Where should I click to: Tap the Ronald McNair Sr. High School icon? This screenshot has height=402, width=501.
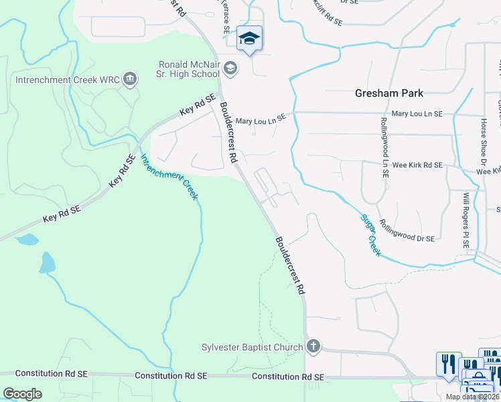230,68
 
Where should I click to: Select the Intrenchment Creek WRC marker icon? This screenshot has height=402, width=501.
130,80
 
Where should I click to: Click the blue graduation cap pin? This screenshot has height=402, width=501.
249,39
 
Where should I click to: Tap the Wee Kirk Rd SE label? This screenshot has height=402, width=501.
417,165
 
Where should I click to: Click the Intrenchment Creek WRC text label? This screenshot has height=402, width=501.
68,80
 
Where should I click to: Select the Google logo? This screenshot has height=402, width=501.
23,394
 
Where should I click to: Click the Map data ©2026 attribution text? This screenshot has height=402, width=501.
472,397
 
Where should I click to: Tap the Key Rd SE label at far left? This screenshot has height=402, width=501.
61,214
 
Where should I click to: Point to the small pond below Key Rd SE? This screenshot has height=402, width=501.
27,239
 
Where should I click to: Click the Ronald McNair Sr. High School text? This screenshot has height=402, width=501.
189,69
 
